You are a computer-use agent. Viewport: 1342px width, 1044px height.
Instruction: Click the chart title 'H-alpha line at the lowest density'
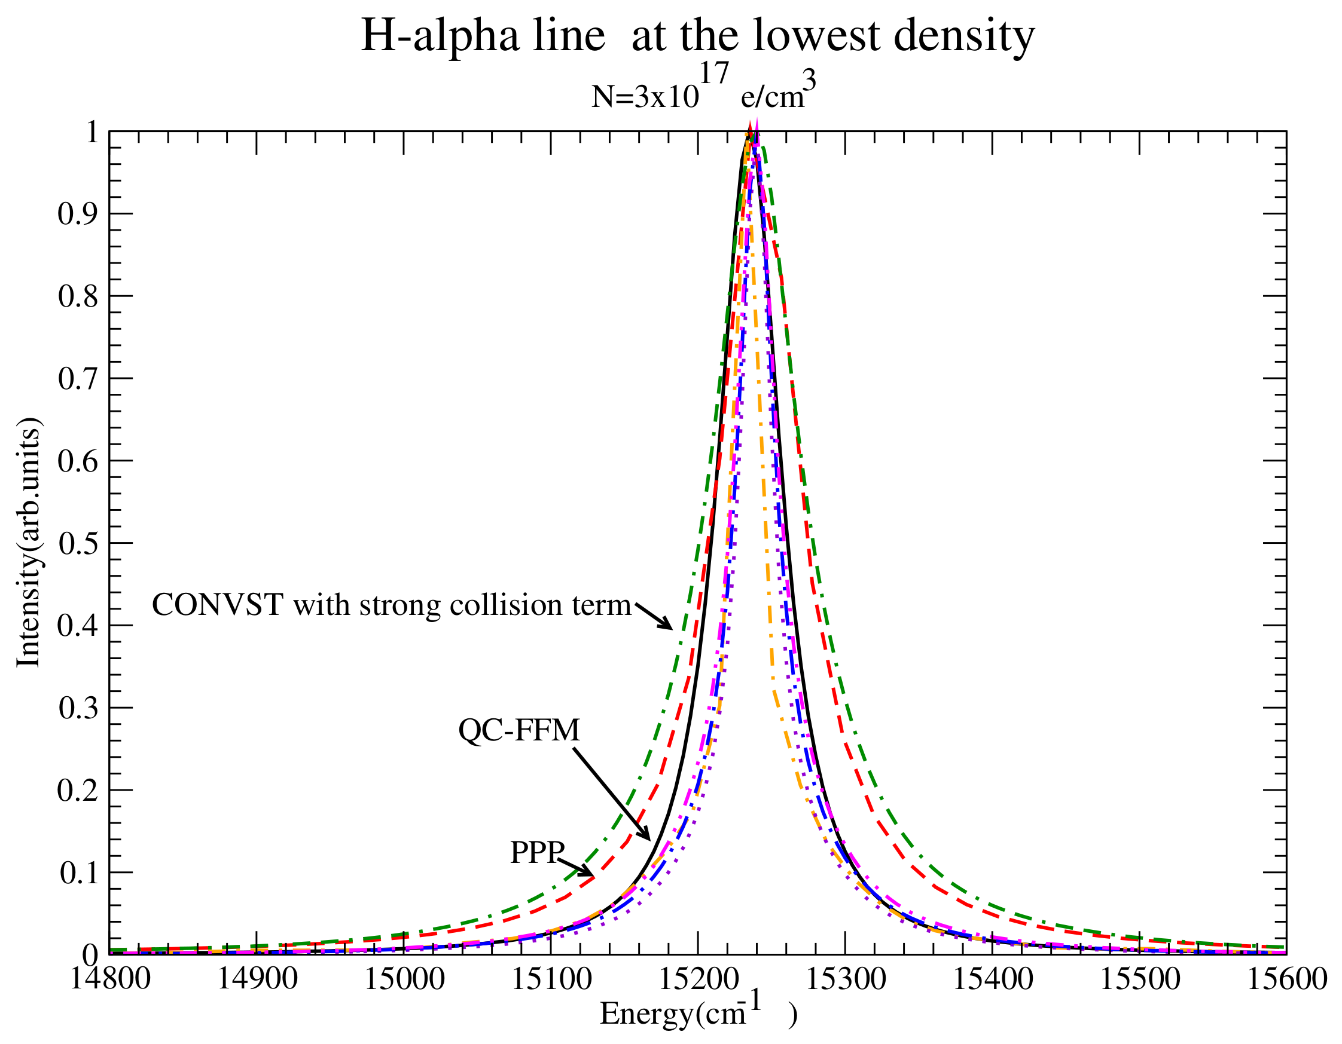pos(697,36)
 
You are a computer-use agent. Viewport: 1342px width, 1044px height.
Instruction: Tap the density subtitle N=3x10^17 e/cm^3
pos(703,92)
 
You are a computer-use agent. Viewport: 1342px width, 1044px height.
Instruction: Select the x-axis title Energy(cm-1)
pos(698,1014)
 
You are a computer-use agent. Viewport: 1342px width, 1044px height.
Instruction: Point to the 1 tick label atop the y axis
pos(91,132)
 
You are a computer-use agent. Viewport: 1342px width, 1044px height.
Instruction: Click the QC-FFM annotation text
pos(519,730)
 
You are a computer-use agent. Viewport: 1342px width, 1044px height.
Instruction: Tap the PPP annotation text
pos(536,852)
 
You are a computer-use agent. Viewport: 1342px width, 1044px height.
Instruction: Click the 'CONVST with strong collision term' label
pos(391,605)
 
